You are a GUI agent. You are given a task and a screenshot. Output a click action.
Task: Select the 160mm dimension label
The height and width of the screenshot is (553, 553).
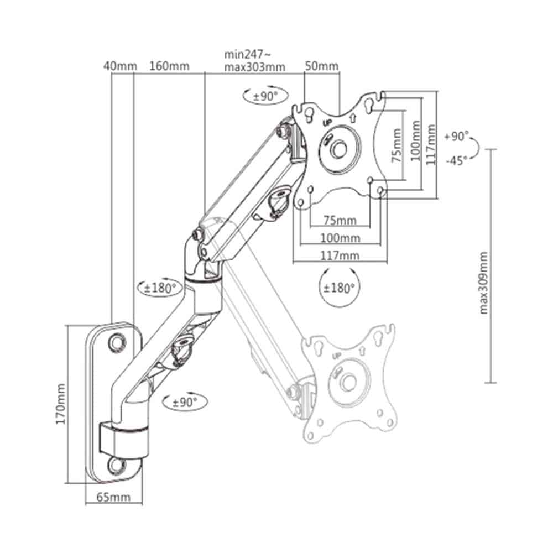pos(169,66)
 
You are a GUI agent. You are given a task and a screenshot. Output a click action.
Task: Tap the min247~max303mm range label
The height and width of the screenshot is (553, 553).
pos(254,61)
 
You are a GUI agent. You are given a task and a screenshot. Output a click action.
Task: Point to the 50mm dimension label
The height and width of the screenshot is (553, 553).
pos(322,66)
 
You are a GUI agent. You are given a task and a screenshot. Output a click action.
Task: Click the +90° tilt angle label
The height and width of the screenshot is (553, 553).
pos(456,137)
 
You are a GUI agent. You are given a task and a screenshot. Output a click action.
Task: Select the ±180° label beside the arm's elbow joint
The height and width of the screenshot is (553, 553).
pos(160,288)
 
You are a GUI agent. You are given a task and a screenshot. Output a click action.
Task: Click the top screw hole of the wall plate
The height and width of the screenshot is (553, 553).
pos(116,341)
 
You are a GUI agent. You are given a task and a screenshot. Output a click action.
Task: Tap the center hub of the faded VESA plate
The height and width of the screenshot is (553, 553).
pos(348,381)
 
